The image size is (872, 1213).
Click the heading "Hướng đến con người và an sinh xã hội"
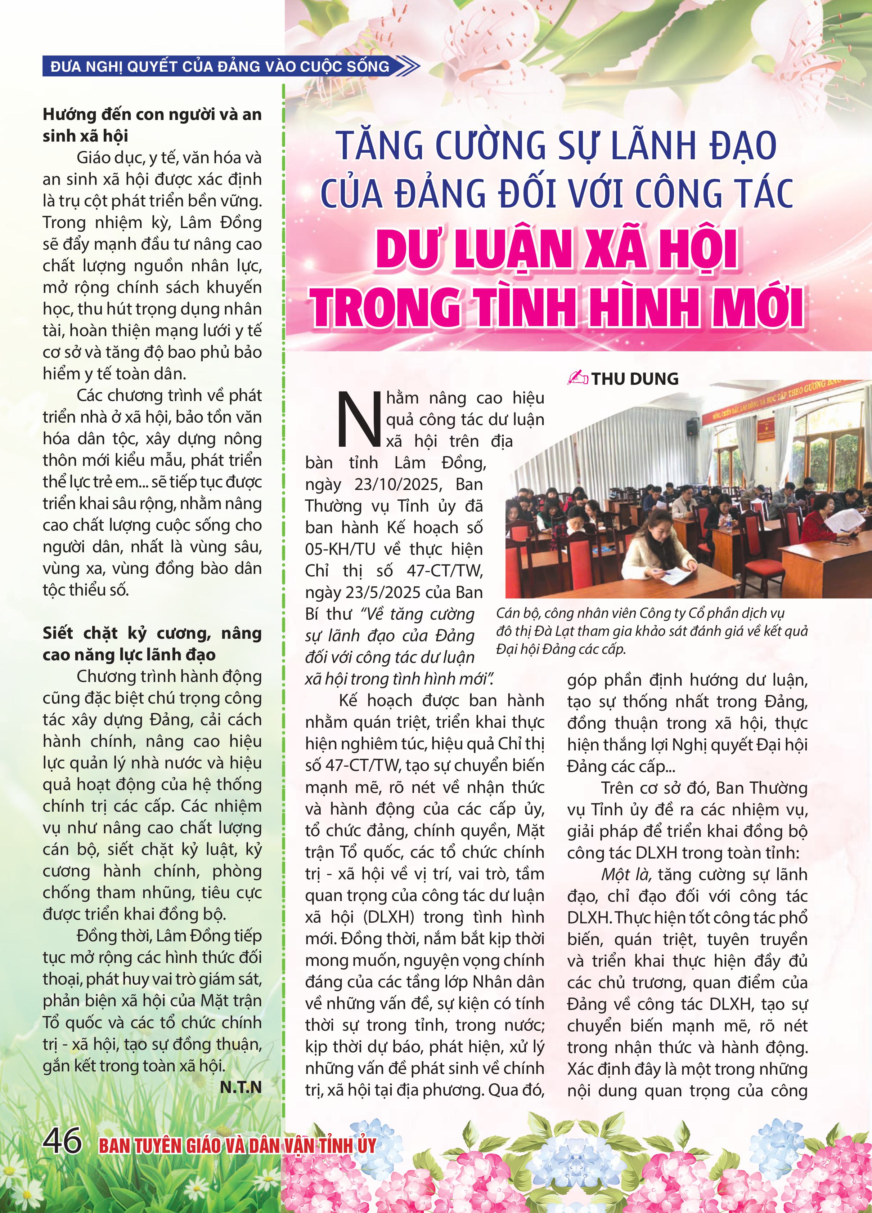152,125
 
